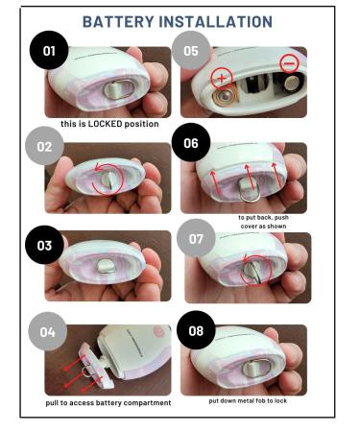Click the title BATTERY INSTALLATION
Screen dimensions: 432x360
[x=177, y=21]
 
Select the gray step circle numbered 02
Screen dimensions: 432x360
[x=46, y=147]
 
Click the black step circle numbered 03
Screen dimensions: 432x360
[x=44, y=245]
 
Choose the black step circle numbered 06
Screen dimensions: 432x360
[x=191, y=143]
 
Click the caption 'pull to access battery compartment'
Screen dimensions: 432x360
[x=108, y=402]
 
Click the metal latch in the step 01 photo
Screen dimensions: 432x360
[x=112, y=89]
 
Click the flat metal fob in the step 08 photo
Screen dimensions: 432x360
[x=257, y=367]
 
